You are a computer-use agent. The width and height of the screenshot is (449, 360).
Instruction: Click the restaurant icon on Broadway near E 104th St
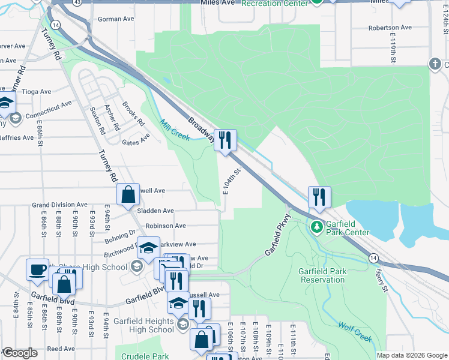pos(226,140)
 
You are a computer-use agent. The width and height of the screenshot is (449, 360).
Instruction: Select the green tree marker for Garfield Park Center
pos(316,227)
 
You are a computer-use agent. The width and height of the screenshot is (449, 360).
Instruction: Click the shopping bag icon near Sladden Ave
pos(128,194)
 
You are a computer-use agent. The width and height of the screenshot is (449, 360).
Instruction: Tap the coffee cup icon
pos(37,269)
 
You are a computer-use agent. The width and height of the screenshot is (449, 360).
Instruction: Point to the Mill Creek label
pos(175,130)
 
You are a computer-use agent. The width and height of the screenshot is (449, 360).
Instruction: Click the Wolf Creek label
pos(355,333)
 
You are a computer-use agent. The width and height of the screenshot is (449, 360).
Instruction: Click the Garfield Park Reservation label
pos(322,275)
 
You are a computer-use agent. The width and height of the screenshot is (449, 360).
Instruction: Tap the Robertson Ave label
pos(390,28)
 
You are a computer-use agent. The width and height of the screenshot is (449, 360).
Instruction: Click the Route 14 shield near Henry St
pos(374,257)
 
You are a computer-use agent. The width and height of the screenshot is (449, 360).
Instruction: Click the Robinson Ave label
pos(166,226)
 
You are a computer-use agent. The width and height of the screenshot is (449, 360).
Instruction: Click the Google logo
pos(20,353)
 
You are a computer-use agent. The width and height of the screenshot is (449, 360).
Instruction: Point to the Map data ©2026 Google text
pos(411,355)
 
